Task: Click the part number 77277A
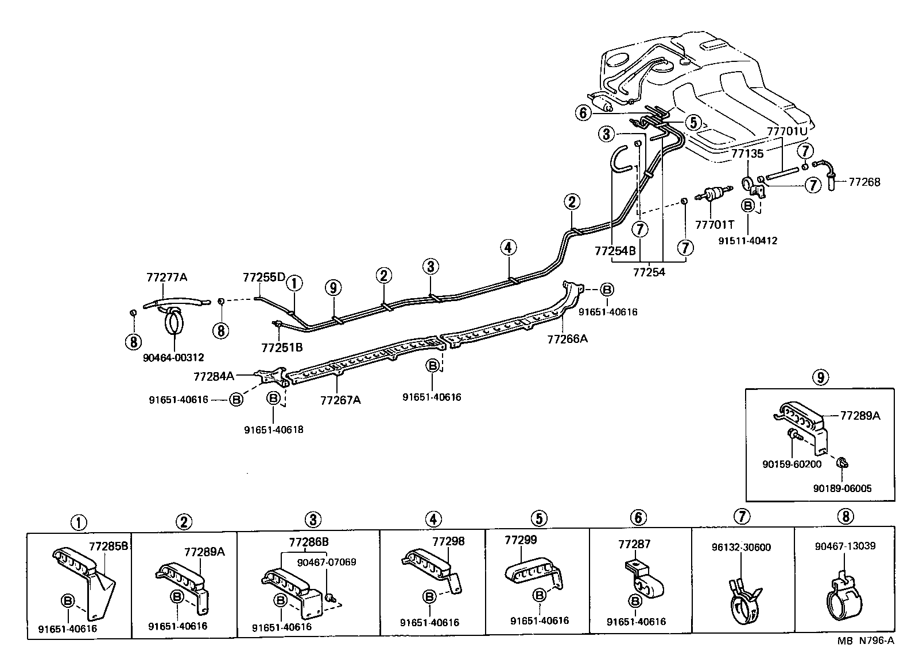point(166,277)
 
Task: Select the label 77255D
point(263,277)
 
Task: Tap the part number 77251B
point(281,347)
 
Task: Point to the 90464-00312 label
point(173,357)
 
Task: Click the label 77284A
point(214,376)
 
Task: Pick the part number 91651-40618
point(273,429)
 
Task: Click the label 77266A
point(567,338)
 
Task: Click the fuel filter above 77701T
point(712,196)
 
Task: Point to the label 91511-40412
point(747,241)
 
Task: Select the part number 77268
point(864,182)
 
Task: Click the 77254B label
point(615,251)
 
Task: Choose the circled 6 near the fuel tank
point(583,113)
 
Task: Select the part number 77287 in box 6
point(634,544)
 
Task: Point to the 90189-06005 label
point(842,488)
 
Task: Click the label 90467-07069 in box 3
point(326,562)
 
